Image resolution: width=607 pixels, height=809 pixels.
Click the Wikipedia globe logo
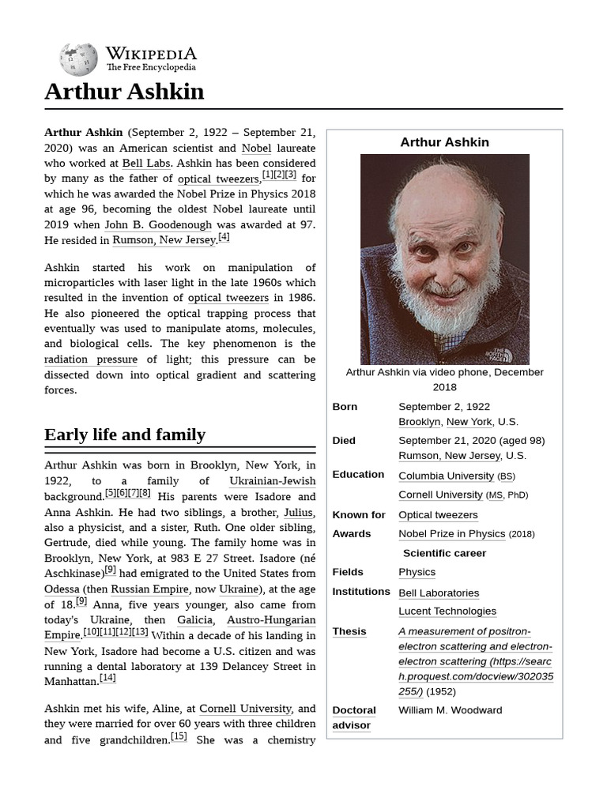click(x=78, y=59)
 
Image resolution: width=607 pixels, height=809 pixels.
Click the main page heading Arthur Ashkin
click(x=124, y=92)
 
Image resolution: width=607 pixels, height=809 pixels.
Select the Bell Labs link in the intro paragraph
click(x=145, y=163)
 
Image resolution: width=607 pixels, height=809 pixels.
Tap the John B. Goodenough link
click(x=158, y=224)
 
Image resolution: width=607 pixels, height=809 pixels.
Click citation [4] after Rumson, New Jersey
click(x=224, y=237)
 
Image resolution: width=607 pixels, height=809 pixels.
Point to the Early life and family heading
click(x=125, y=435)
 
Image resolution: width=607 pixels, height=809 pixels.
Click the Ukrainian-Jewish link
click(x=272, y=481)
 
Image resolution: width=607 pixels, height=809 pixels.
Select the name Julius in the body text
click(x=299, y=512)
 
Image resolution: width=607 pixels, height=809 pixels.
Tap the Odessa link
click(x=62, y=589)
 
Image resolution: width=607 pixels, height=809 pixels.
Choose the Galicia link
click(x=194, y=619)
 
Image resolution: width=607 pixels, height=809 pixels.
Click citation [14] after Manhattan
click(x=107, y=678)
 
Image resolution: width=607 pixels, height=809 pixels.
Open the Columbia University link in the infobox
click(x=446, y=476)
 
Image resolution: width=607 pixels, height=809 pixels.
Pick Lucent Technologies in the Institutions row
click(x=447, y=611)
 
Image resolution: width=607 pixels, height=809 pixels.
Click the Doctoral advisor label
click(x=354, y=717)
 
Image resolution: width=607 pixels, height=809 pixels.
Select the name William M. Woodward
click(x=450, y=709)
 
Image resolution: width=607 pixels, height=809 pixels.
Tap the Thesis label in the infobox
click(x=349, y=631)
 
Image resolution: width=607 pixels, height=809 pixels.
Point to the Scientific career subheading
click(x=444, y=553)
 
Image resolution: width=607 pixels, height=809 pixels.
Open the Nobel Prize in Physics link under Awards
click(x=451, y=533)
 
